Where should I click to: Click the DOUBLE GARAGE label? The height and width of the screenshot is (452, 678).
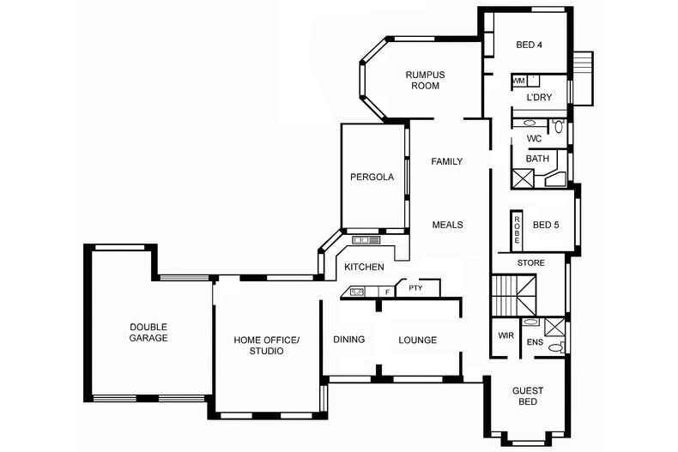tap(148, 332)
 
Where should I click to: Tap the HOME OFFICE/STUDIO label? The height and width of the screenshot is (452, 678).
tap(266, 346)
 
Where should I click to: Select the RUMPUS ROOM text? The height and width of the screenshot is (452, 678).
tap(425, 80)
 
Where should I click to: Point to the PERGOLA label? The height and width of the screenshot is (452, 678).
tap(372, 177)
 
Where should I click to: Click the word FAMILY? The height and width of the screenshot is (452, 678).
tap(446, 161)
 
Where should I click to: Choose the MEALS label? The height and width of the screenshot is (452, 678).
tap(447, 225)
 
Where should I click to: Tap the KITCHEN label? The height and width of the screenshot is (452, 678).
tap(364, 267)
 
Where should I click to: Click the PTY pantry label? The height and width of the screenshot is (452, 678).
tap(415, 288)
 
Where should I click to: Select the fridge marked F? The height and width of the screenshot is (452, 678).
tap(387, 292)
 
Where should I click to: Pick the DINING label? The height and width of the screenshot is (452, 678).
tap(349, 340)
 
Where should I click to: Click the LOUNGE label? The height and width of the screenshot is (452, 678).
tap(418, 340)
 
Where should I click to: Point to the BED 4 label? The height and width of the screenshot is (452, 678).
tap(530, 45)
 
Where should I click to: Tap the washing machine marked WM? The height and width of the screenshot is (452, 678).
tap(519, 81)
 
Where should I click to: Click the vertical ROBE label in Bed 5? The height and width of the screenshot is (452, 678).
tap(517, 230)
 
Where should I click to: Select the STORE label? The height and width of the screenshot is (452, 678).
tap(531, 262)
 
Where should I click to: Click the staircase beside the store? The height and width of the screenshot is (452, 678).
tap(514, 295)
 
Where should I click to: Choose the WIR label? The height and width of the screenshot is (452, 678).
tap(505, 335)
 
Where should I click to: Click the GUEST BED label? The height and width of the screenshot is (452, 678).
tap(528, 396)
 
